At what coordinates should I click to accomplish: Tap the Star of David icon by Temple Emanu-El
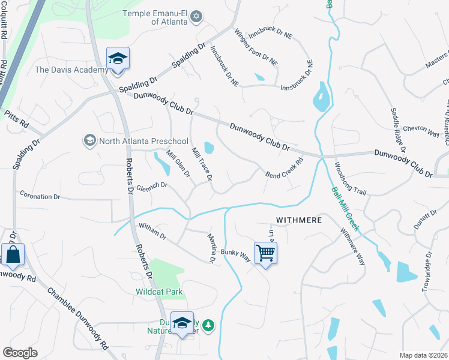[x=196, y=18]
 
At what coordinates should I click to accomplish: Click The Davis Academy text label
[x=72, y=70]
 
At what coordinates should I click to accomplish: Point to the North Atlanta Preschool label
[x=135, y=140]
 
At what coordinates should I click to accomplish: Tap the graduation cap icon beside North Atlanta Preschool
[x=90, y=140]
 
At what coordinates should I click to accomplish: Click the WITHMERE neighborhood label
[x=299, y=220]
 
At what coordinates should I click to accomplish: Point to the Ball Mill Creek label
[x=345, y=209]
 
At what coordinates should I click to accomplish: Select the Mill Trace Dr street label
[x=202, y=164]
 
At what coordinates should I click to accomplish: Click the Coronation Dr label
[x=40, y=196]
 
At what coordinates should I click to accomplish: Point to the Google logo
[x=20, y=353]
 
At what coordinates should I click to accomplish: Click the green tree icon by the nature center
[x=208, y=325]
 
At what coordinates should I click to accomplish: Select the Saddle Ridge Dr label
[x=399, y=130]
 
